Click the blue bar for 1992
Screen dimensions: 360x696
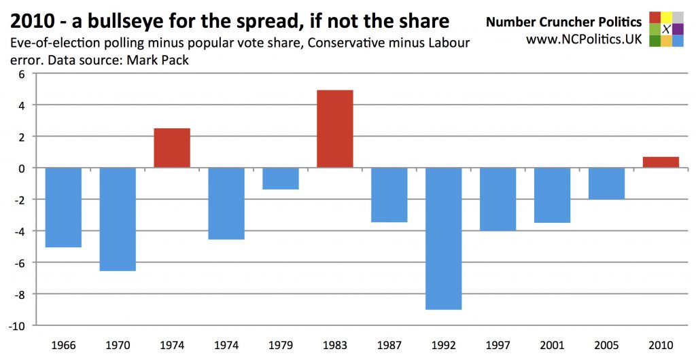[444, 238]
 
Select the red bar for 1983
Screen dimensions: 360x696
[335, 128]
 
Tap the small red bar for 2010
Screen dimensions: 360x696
[661, 162]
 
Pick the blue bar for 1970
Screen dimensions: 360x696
[118, 219]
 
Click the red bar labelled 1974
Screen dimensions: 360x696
[172, 147]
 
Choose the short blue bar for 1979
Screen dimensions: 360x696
[281, 179]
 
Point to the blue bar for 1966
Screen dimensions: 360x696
[63, 207]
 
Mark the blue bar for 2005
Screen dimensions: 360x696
[606, 183]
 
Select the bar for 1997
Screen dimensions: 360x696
[498, 199]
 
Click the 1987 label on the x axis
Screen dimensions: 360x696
[389, 345]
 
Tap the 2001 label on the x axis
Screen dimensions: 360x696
[553, 345]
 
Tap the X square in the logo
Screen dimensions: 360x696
[666, 29]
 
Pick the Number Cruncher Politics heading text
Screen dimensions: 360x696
[563, 22]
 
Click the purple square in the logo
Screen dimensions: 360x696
[678, 29]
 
